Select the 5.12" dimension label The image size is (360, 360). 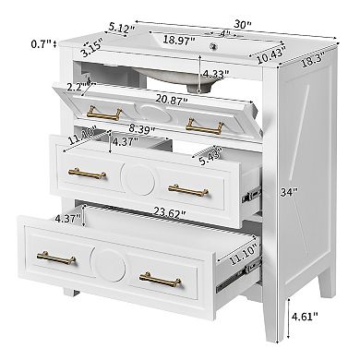(x=120, y=29)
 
